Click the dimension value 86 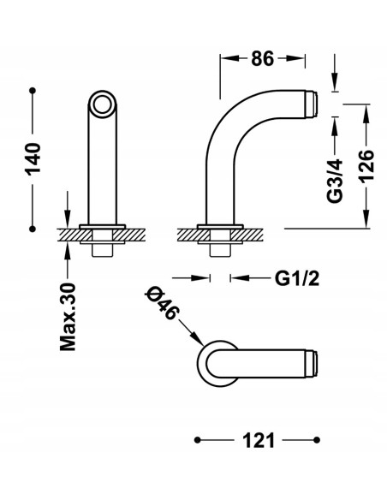click(262, 59)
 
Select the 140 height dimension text click(33, 159)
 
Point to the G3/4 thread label click(335, 181)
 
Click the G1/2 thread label click(297, 278)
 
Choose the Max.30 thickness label click(68, 317)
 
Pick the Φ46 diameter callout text click(162, 303)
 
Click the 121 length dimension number click(259, 441)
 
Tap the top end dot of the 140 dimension click(33, 91)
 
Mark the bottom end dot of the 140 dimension click(33, 229)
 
